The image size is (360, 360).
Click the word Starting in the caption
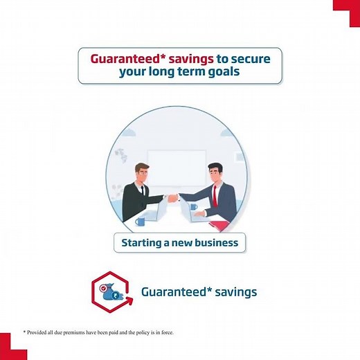143,243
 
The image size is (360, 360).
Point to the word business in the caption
215,243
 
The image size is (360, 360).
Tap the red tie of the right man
215,197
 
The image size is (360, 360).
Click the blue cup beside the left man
141,222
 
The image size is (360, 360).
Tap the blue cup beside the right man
195,206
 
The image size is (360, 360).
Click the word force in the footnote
165,332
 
